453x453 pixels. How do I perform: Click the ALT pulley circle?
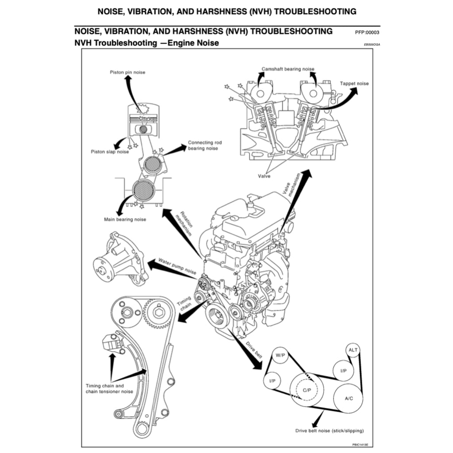(353, 350)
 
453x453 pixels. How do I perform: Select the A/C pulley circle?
(349, 398)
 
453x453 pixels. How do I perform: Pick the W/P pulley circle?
(280, 355)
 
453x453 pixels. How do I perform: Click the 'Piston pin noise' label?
(127, 72)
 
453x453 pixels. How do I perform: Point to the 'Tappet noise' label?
(354, 84)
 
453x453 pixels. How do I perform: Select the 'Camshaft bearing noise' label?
(288, 69)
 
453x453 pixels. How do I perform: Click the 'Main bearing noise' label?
(125, 219)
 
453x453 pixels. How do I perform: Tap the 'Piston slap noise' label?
(110, 152)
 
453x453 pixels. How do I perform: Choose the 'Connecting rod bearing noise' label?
(204, 146)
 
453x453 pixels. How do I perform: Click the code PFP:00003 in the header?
(367, 33)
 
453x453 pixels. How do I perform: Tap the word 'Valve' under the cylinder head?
(264, 176)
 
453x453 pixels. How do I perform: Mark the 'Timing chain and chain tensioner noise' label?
(109, 388)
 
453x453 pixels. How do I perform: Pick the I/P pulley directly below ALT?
(343, 371)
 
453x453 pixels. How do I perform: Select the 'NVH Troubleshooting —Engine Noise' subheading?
(146, 43)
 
